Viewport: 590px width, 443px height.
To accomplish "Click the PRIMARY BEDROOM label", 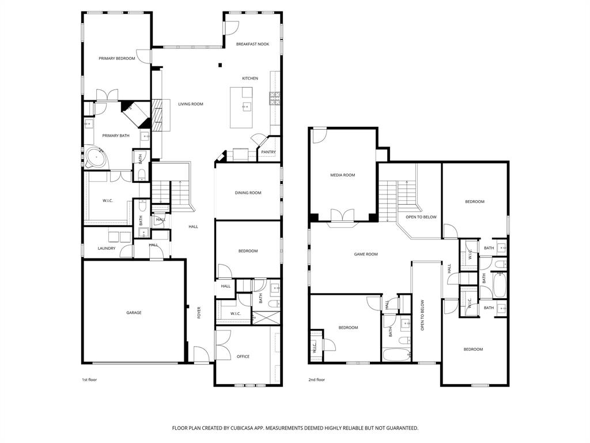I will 116,58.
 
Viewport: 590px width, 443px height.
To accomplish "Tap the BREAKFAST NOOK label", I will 252,44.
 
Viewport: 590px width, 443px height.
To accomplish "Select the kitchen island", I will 241,107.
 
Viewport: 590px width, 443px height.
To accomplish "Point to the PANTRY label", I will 268,152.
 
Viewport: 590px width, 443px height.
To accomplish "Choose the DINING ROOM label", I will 248,193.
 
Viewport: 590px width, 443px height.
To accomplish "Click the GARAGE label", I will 134,313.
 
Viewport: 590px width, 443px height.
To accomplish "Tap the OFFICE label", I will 243,356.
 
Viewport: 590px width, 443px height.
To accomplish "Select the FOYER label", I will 199,313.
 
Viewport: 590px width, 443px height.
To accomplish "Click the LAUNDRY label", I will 107,249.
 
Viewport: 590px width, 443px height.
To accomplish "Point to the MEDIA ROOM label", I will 342,175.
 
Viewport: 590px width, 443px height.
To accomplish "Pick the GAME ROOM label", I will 365,254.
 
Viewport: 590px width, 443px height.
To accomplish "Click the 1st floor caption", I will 89,380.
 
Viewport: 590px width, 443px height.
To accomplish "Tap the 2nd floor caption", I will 316,380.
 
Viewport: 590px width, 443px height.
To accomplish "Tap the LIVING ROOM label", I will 190,104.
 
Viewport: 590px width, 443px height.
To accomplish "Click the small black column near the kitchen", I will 220,65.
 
